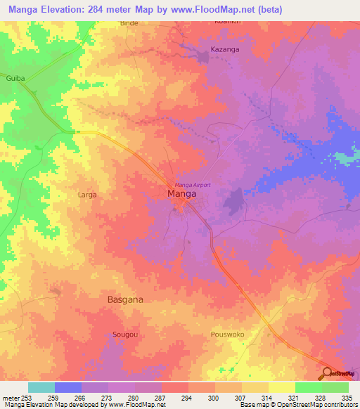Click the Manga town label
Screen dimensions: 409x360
[x=181, y=194]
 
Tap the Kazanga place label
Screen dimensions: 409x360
[x=225, y=50]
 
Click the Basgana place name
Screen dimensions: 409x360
[x=126, y=299]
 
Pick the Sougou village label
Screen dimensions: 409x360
[x=125, y=335]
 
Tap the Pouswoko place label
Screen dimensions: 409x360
[x=227, y=335]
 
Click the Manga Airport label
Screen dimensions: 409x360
[x=193, y=184]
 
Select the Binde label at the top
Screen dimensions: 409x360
[x=129, y=23]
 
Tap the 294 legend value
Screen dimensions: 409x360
[x=188, y=397]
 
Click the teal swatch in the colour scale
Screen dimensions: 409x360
[x=41, y=387]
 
